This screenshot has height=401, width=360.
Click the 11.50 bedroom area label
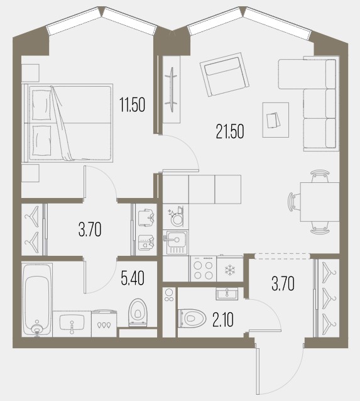point(133,104)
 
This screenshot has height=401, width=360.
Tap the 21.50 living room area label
point(230,131)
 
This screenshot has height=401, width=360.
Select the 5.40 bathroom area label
point(133,278)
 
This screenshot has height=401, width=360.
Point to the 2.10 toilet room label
point(222,320)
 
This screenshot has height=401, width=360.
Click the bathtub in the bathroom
point(37,300)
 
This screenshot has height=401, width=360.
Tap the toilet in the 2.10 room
point(192,318)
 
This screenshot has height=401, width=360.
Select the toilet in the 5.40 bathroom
point(138,312)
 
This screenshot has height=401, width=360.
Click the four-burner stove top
point(204,269)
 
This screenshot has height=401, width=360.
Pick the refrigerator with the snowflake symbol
point(230,269)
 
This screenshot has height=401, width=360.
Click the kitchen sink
point(176,242)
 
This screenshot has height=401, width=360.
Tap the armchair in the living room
point(224,74)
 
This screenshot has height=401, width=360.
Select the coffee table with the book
point(276,120)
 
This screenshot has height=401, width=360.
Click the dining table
point(320,202)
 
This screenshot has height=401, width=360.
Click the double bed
point(67,123)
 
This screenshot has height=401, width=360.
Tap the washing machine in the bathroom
point(104,323)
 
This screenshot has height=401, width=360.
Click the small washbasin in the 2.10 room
point(227,294)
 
